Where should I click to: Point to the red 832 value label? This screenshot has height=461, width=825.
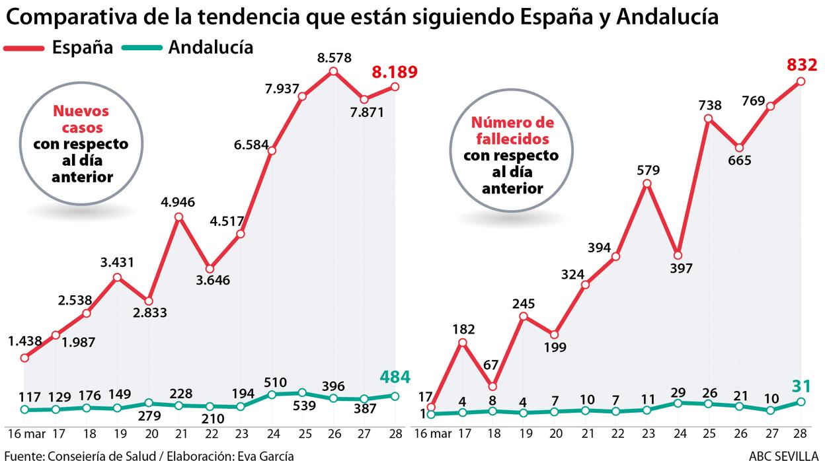(x=802, y=65)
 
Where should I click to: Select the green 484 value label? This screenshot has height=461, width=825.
(x=395, y=377)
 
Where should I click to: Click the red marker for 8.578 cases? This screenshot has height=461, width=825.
(x=333, y=71)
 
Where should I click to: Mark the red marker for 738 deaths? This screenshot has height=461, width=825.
(x=708, y=119)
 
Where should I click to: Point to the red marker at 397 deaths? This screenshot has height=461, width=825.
(x=677, y=256)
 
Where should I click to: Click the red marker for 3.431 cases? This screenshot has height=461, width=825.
(x=117, y=277)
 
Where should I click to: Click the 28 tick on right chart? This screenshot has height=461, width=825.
(x=800, y=434)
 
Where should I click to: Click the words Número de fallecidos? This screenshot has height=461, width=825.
(x=513, y=130)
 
